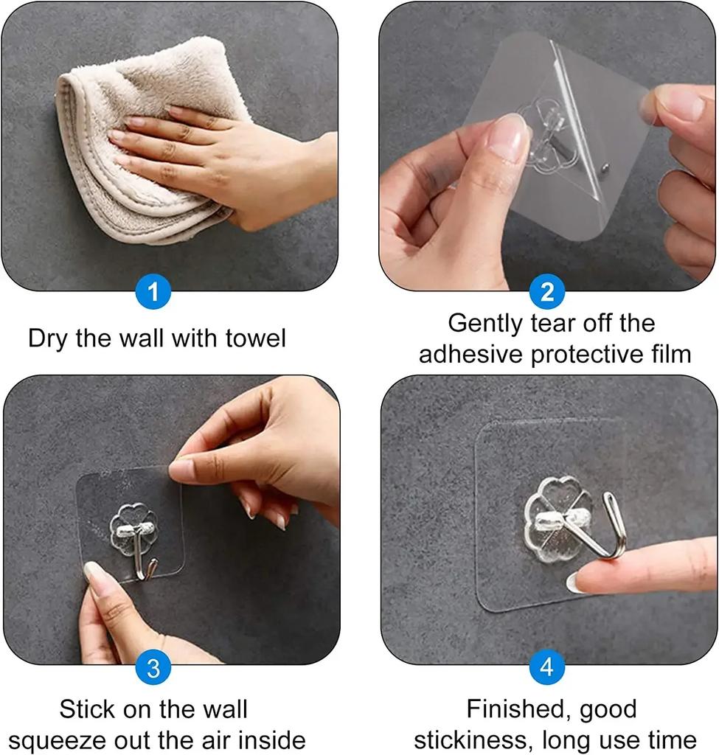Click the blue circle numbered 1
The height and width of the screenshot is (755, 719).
[153, 292]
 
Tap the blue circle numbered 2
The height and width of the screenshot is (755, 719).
[546, 292]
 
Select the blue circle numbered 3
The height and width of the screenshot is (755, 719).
[153, 668]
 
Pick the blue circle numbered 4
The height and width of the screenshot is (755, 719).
[546, 668]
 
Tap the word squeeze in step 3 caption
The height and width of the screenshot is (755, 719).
[58, 740]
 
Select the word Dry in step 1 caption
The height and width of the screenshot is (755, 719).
[47, 338]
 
